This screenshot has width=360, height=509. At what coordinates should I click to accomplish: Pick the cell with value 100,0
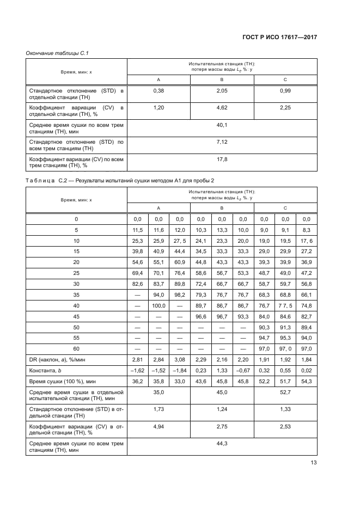click(158, 305)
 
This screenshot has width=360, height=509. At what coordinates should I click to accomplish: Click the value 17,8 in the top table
click(222, 159)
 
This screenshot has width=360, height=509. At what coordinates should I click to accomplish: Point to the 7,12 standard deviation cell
click(222, 142)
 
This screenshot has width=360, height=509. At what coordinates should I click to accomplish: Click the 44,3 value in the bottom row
click(222, 444)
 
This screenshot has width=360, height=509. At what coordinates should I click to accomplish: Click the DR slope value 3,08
click(180, 359)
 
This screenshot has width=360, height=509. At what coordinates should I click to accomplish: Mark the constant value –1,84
click(180, 370)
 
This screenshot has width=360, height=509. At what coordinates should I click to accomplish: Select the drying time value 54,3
click(306, 381)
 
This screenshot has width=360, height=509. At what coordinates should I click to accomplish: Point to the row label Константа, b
click(46, 370)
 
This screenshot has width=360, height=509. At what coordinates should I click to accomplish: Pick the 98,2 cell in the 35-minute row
click(180, 295)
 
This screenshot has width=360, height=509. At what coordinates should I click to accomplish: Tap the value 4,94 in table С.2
click(158, 426)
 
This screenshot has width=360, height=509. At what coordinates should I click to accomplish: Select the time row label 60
click(76, 348)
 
